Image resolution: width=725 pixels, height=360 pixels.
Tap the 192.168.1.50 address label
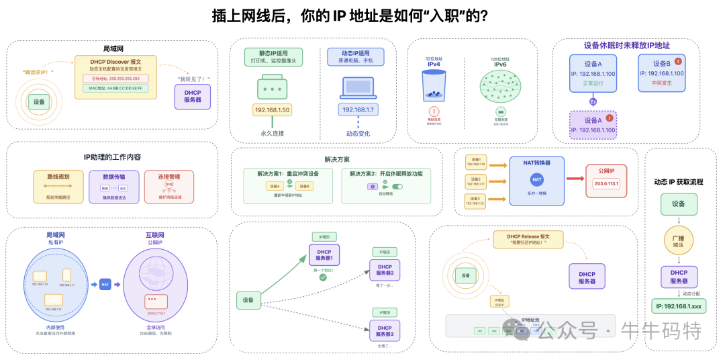pyautogui.click(x=272, y=109)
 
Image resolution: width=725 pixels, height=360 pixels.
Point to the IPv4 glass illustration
pyautogui.click(x=434, y=87)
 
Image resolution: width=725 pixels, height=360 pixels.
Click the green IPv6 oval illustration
pyautogui.click(x=500, y=86)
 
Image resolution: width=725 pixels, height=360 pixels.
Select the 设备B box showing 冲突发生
pyautogui.click(x=661, y=73)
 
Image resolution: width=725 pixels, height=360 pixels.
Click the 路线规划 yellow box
pyautogui.click(x=58, y=186)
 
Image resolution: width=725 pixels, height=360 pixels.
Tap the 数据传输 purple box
pyautogui.click(x=113, y=186)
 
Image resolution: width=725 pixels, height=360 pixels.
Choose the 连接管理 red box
pyautogui.click(x=168, y=186)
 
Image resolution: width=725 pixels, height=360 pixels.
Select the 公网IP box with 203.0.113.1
pyautogui.click(x=606, y=180)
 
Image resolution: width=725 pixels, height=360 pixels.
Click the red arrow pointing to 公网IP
pyautogui.click(x=575, y=179)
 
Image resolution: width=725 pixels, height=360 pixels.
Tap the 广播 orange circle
pyautogui.click(x=679, y=240)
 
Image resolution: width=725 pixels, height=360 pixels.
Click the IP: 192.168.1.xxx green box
pyautogui.click(x=679, y=306)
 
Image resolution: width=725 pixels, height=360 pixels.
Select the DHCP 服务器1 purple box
pyautogui.click(x=324, y=255)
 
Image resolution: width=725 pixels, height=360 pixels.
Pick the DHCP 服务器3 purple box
pyautogui.click(x=384, y=330)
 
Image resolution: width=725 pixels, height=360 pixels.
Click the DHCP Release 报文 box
pyautogui.click(x=528, y=239)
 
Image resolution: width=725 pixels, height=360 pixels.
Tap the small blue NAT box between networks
pyautogui.click(x=105, y=284)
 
